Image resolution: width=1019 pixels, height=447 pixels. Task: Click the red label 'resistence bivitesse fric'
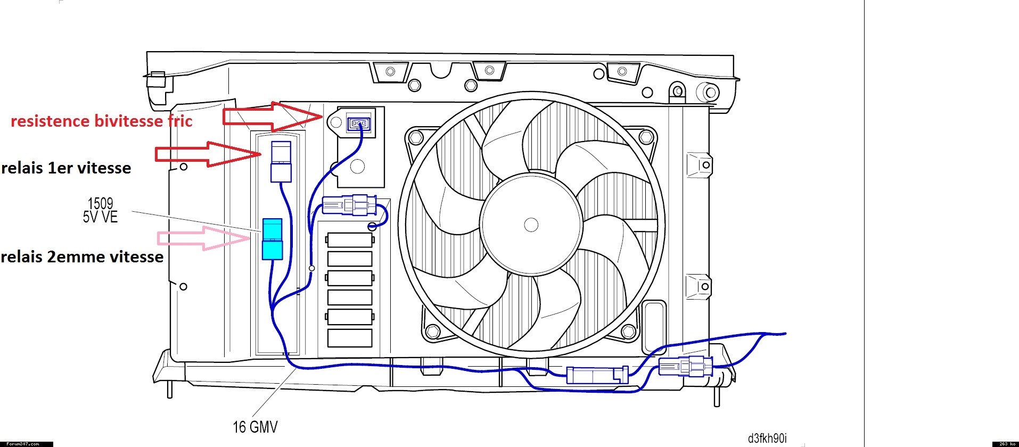[x=101, y=121]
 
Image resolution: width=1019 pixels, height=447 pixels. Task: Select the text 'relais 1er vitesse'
[x=66, y=168]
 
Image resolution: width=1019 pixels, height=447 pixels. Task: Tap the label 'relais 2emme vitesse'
[x=82, y=257]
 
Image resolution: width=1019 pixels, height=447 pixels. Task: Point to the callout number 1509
[x=100, y=203]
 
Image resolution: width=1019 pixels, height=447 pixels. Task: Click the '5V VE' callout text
[x=100, y=217]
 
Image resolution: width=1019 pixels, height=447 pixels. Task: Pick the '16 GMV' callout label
[x=255, y=427]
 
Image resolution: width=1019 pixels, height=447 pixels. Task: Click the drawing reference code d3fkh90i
[x=767, y=438]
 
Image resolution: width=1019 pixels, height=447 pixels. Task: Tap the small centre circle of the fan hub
[x=531, y=225]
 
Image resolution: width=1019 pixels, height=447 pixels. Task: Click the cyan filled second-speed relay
[x=272, y=239]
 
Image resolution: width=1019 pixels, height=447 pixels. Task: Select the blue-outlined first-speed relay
[x=281, y=162]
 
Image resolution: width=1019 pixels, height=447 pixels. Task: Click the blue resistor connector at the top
[x=358, y=124]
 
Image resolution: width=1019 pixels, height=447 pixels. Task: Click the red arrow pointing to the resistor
[x=272, y=117]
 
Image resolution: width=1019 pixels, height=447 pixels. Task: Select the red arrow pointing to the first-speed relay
[x=208, y=154]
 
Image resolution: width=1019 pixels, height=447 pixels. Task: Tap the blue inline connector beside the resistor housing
[x=349, y=205]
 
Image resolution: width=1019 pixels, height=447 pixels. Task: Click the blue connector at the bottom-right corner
[x=685, y=366]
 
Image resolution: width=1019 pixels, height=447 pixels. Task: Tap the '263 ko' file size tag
[x=1005, y=444]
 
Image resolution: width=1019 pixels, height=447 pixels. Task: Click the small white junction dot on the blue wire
[x=312, y=268]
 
